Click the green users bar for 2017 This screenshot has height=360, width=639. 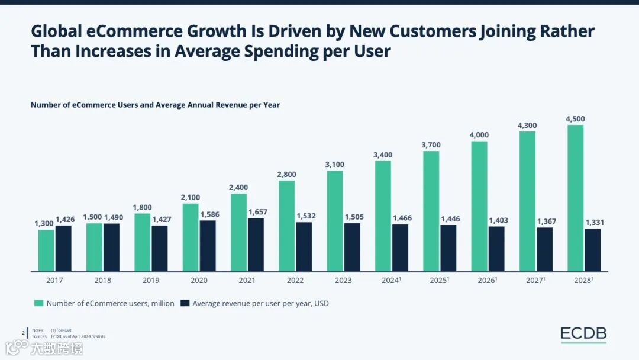[x=46, y=250]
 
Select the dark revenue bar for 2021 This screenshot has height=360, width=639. [x=256, y=245]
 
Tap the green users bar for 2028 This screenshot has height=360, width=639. [x=575, y=198]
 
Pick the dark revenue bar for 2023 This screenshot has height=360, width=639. [x=352, y=247]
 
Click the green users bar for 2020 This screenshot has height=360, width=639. [x=191, y=237]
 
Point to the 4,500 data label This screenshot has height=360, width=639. [x=575, y=119]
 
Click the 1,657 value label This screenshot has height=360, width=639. [x=257, y=212]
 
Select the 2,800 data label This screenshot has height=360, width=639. [x=286, y=174]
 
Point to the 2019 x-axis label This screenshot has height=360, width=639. [x=150, y=280]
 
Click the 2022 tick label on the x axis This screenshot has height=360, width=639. [x=295, y=280]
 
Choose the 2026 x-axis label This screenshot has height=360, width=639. [x=487, y=280]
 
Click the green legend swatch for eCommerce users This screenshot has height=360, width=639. [x=38, y=303]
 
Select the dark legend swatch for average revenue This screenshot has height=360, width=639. [x=185, y=303]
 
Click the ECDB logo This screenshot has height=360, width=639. [x=583, y=334]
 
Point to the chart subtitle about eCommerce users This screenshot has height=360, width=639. [x=155, y=105]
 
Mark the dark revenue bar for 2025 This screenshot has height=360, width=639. [x=448, y=248]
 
